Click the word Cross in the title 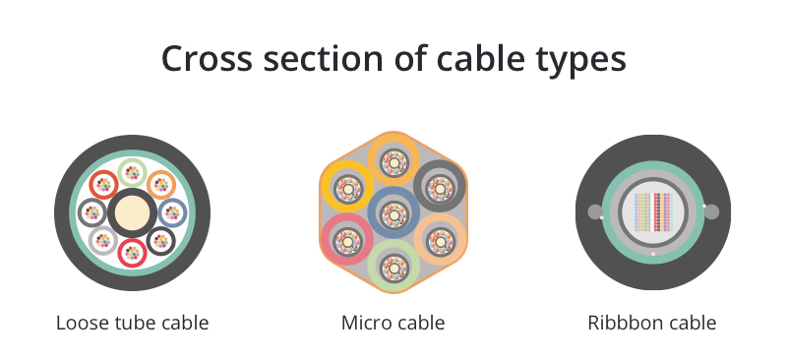click(207, 58)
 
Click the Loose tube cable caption click(132, 323)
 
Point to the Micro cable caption click(393, 323)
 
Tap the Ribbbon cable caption click(652, 323)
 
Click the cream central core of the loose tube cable click(132, 212)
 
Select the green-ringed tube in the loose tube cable click(132, 173)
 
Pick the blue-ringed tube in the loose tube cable click(173, 212)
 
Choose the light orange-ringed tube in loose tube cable click(161, 185)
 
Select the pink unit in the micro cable click(346, 239)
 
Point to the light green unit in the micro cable click(393, 267)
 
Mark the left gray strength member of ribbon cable click(595, 211)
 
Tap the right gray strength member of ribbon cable click(711, 211)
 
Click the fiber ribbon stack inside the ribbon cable click(652, 211)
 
